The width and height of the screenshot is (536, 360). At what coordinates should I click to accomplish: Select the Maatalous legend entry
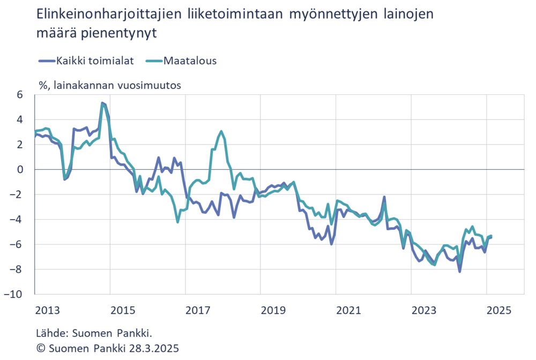click(190, 61)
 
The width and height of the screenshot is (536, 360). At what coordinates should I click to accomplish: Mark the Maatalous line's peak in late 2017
click(221, 131)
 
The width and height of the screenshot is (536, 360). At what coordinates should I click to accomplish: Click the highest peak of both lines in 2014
click(102, 103)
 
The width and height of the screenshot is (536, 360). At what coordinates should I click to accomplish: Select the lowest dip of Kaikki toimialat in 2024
click(460, 271)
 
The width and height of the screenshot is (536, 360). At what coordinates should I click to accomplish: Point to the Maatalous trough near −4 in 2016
click(177, 221)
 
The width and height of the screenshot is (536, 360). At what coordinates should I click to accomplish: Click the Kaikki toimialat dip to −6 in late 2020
click(332, 244)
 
